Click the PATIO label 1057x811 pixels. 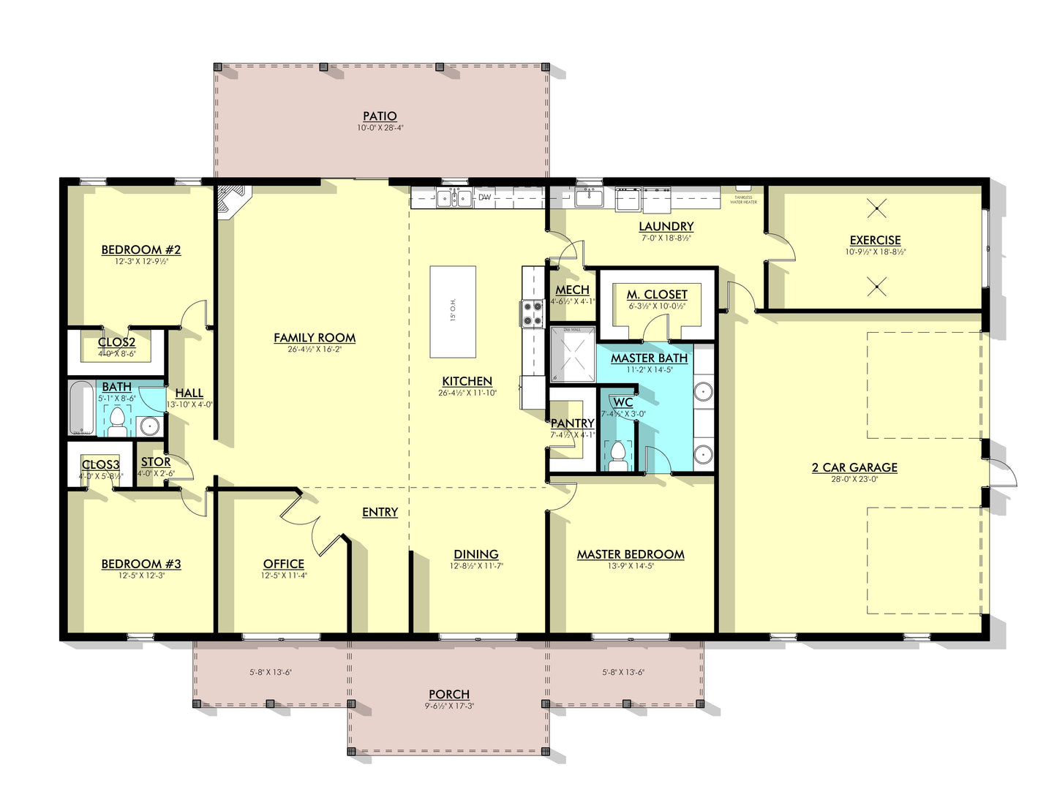coord(380,116)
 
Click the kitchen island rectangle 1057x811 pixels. coord(453,312)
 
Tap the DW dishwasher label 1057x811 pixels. coord(484,197)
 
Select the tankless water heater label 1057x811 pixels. coord(743,200)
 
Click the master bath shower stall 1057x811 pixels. coord(572,354)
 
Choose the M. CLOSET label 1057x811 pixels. coord(657,295)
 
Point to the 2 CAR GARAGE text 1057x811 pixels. coord(854,468)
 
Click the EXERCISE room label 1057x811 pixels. coord(875,240)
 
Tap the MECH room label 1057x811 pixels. coord(572,290)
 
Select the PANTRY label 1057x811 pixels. coord(572,423)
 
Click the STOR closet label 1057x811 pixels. coord(156,462)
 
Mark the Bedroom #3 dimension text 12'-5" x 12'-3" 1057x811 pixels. coord(140,576)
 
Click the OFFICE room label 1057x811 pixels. coord(284,564)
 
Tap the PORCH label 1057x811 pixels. coord(449,694)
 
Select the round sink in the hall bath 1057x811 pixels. coord(149,425)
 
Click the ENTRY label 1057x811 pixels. coord(380,512)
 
